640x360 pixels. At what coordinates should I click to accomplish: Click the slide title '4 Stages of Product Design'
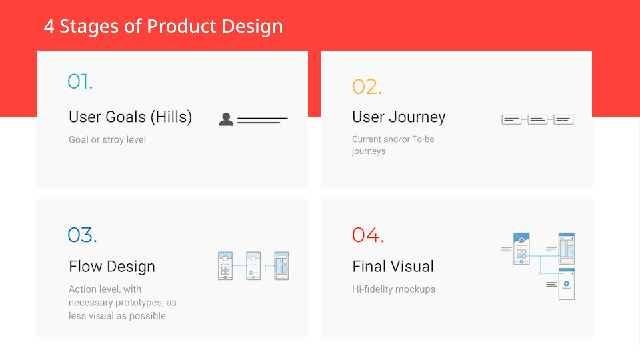click(163, 26)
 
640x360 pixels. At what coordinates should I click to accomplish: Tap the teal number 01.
click(80, 81)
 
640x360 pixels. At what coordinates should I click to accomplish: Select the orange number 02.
click(367, 87)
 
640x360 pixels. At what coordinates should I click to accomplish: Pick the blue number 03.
click(82, 235)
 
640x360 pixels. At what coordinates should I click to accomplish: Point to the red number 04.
click(368, 235)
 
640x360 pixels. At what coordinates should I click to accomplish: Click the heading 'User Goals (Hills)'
click(130, 117)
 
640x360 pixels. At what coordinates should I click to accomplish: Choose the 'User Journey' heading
click(399, 117)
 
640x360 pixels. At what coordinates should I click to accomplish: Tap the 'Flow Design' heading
click(112, 267)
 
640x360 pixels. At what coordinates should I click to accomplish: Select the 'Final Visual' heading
click(393, 266)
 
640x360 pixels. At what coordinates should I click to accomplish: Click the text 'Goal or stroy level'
click(107, 140)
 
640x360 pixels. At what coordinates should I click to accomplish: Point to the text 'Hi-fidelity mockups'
click(394, 289)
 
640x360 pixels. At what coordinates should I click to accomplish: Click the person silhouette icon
click(226, 119)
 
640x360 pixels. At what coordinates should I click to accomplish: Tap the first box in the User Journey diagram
click(511, 119)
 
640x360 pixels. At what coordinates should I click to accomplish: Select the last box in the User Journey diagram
click(563, 119)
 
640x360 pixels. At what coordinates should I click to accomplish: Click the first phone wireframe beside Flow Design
click(225, 266)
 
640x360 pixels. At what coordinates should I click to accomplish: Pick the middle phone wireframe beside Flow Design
click(253, 266)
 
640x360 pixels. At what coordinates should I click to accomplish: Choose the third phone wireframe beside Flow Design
click(282, 266)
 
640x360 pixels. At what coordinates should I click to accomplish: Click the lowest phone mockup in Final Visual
click(567, 284)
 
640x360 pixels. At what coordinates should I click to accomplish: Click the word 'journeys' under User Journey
click(369, 151)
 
